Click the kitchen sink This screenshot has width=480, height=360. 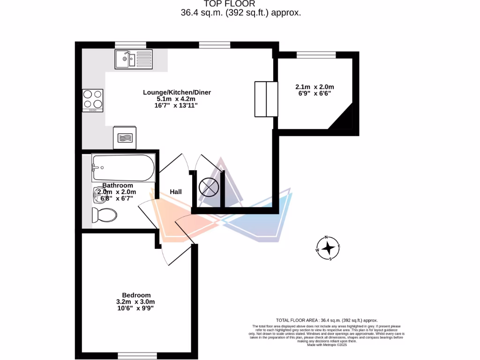(125, 60)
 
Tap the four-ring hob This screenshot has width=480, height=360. (92, 100)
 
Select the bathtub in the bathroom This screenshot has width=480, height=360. (123, 167)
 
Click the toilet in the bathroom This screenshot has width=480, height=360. (105, 215)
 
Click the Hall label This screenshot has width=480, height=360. (176, 192)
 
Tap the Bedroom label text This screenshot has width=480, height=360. (136, 295)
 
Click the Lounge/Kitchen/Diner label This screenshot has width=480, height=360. (177, 92)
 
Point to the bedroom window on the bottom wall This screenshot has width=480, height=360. (136, 356)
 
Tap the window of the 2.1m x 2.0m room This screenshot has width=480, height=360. (316, 55)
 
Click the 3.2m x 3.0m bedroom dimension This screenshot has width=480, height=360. (135, 301)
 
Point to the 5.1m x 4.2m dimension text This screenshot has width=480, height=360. (177, 99)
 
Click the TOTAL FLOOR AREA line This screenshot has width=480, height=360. (327, 320)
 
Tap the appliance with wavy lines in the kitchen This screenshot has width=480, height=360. (125, 138)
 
